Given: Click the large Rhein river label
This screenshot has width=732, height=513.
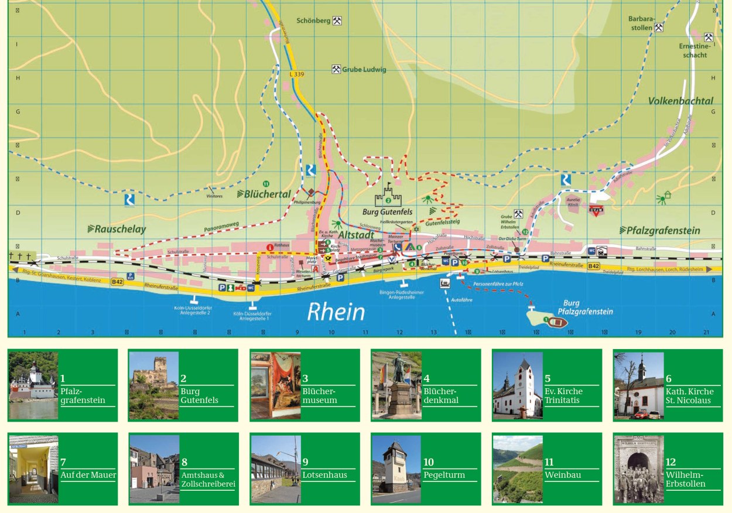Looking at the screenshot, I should pos(336,312).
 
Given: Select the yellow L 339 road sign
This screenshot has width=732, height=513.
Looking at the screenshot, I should pos(297,74).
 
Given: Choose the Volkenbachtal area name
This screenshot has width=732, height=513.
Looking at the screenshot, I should pos(680,101).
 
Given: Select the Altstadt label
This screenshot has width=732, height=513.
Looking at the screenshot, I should pos(356,234).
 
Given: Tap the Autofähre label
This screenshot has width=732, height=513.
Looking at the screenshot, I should pos(461,299).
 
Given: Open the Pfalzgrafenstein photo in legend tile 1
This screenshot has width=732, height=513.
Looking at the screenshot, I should pos(33,385).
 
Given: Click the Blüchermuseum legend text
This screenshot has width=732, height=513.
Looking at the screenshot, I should pos(319,395).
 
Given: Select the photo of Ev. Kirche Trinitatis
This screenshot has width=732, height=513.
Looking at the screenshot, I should pos(517,385).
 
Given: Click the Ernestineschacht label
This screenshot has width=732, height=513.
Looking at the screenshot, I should pos(693,50).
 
